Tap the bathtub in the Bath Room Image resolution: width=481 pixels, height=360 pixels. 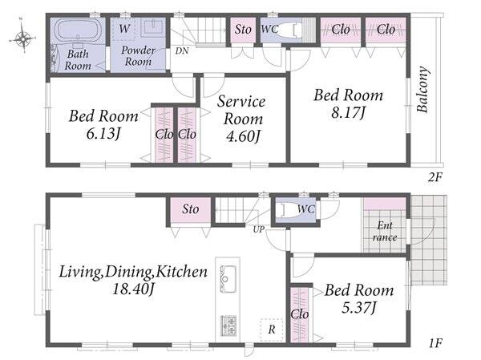(77, 30)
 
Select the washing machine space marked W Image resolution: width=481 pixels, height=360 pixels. (123, 29)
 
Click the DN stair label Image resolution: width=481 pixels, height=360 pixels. (182, 51)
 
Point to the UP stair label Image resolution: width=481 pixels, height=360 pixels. (259, 229)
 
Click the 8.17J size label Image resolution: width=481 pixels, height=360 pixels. (348, 112)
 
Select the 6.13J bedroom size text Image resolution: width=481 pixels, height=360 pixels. (103, 134)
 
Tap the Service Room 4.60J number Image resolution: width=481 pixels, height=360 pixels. (243, 136)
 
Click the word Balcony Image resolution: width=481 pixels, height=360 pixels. (422, 89)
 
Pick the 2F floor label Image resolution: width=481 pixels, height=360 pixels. (435, 177)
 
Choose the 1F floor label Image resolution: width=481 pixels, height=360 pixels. (435, 343)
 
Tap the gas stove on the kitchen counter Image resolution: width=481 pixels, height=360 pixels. (228, 326)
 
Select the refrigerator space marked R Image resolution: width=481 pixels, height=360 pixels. (272, 330)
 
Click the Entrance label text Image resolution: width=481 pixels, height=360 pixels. (385, 232)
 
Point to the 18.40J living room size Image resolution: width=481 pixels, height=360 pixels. (133, 289)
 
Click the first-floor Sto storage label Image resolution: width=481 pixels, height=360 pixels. (191, 209)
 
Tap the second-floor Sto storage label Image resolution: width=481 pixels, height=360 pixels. (243, 30)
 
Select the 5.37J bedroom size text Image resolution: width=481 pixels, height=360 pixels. (359, 308)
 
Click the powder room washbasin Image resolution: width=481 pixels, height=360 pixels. (153, 27)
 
